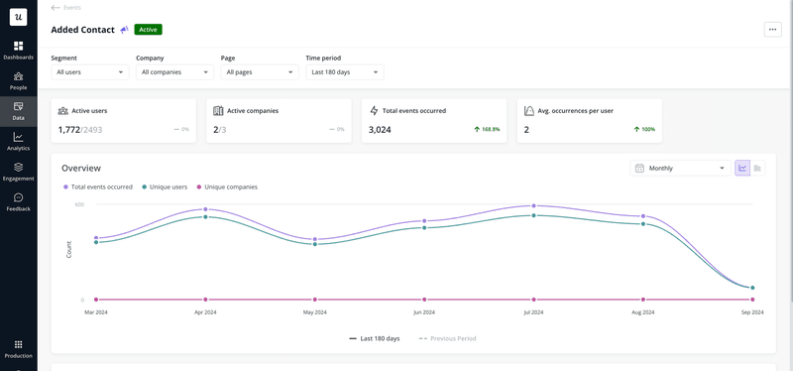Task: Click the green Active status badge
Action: pyautogui.click(x=147, y=30)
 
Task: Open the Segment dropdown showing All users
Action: pyautogui.click(x=89, y=72)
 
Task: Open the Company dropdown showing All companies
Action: pyautogui.click(x=174, y=72)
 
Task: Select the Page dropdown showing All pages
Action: pyautogui.click(x=259, y=72)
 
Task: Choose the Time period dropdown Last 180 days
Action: pyautogui.click(x=344, y=72)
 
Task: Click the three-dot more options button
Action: pyautogui.click(x=772, y=30)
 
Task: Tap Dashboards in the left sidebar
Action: pyautogui.click(x=18, y=51)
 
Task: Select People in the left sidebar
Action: pyautogui.click(x=18, y=80)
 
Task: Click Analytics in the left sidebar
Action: pyautogui.click(x=18, y=141)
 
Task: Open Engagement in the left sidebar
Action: pyautogui.click(x=18, y=172)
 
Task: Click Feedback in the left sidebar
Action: pyautogui.click(x=18, y=201)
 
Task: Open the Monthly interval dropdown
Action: pyautogui.click(x=680, y=169)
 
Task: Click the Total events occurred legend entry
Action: pyautogui.click(x=101, y=186)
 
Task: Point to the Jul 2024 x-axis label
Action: pyautogui.click(x=533, y=312)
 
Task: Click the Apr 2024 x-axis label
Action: pyautogui.click(x=205, y=312)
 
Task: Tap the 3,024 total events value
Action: pyautogui.click(x=380, y=129)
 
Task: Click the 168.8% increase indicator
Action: pyautogui.click(x=486, y=130)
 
